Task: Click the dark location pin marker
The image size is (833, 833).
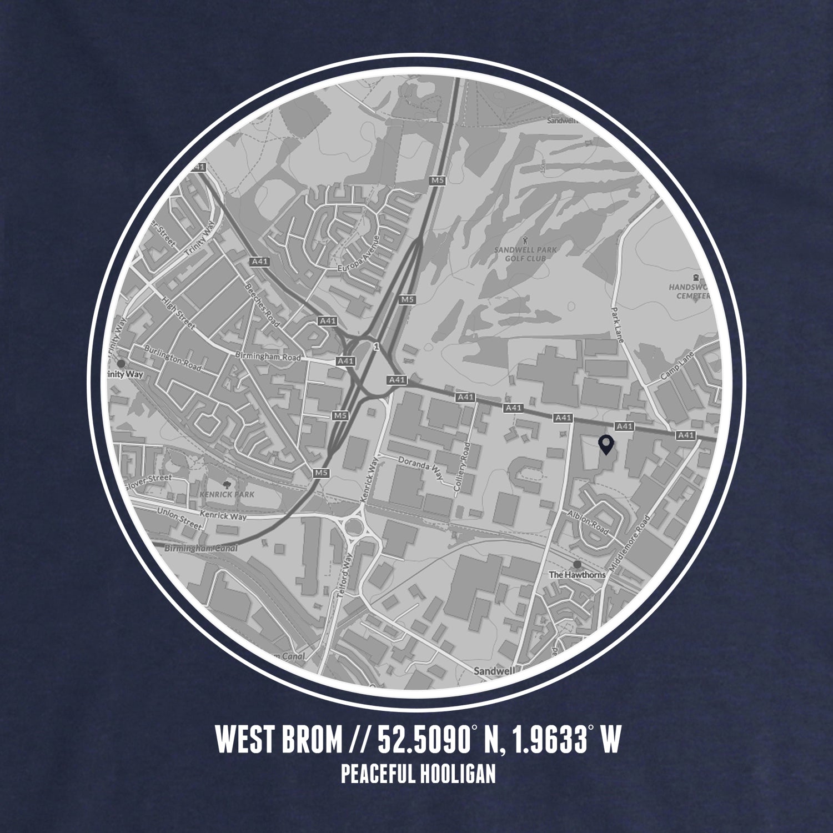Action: coord(606,445)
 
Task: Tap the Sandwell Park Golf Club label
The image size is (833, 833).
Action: coord(525,254)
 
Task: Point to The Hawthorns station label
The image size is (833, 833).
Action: coord(577,575)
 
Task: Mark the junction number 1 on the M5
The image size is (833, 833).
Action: coord(377,347)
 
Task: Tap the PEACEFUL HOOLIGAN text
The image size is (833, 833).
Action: coord(418,774)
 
